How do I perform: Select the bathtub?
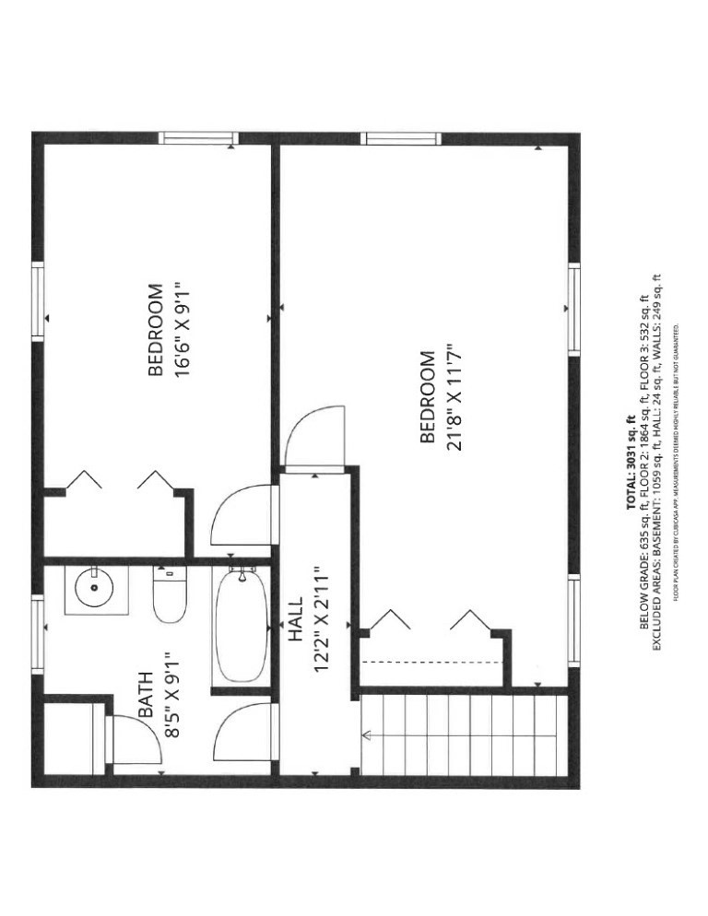click(x=241, y=627)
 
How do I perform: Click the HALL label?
click(x=295, y=619)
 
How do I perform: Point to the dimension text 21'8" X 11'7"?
click(x=453, y=396)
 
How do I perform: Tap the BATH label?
click(x=147, y=695)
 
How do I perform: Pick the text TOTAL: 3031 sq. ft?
click(x=631, y=462)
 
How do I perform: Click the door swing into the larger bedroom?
click(x=316, y=438)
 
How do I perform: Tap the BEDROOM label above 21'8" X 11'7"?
click(x=427, y=396)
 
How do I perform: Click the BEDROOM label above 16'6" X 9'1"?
click(x=156, y=330)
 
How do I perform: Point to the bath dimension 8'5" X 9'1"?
click(x=171, y=695)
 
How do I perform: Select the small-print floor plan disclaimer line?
click(x=676, y=461)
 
